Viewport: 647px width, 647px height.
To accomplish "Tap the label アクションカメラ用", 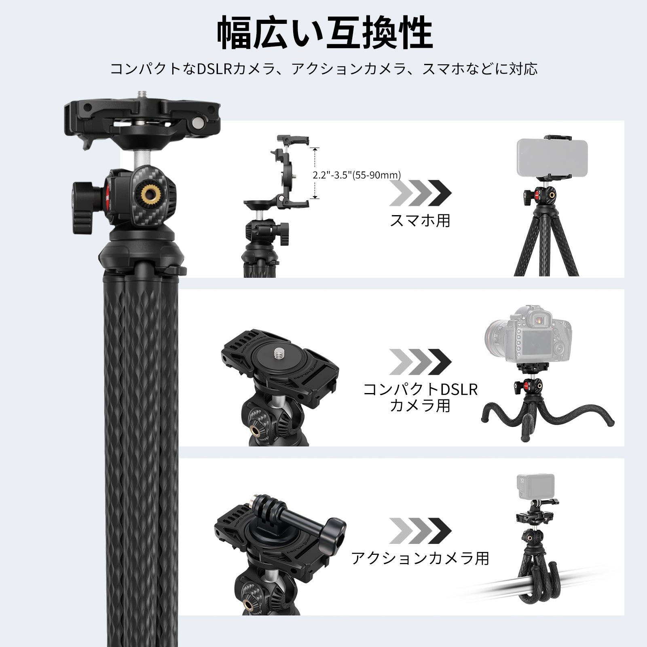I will (x=420, y=558).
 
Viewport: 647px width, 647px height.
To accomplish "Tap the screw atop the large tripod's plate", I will (x=142, y=94).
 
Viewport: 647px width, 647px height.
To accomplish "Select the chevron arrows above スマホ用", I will (x=420, y=193).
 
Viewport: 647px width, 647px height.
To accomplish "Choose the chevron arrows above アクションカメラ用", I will (x=420, y=531).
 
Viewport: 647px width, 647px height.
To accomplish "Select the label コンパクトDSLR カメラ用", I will (x=420, y=397).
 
